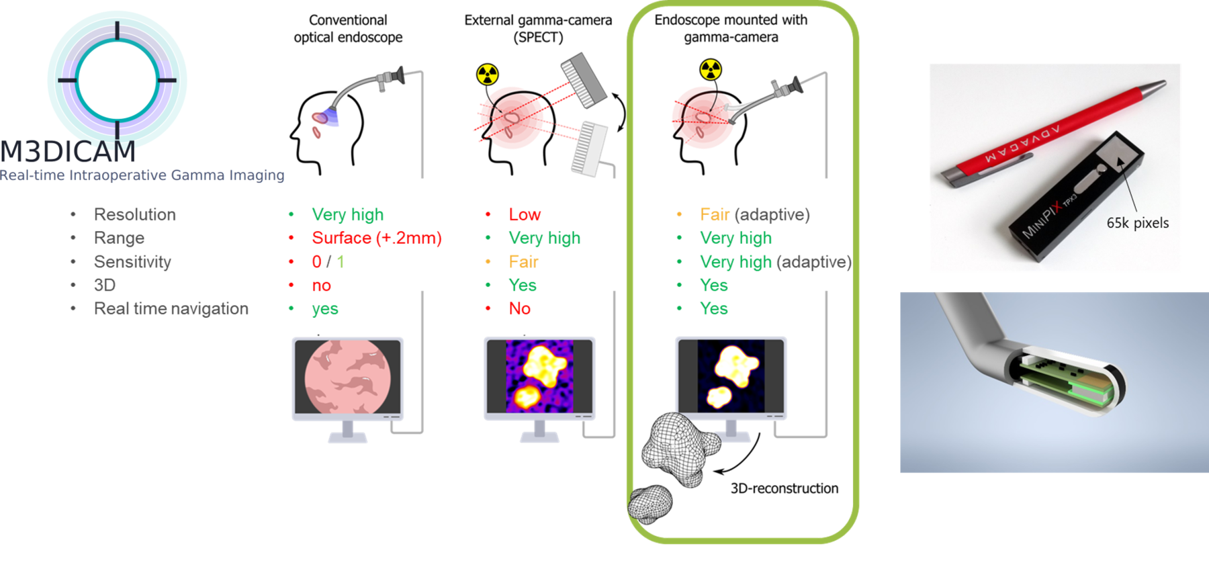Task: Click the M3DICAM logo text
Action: point(68,152)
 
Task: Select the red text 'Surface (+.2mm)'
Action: point(377,238)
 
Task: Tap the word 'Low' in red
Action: point(525,214)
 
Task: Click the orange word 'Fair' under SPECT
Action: point(523,262)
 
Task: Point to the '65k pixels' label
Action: point(1138,223)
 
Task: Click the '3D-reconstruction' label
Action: point(785,488)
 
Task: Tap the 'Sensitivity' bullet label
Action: point(132,262)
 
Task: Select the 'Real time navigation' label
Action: point(171,308)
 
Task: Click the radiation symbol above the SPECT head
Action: point(488,74)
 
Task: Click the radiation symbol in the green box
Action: point(711,69)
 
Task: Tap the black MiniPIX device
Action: point(1075,199)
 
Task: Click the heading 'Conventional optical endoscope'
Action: point(348,29)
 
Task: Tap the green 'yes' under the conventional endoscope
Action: point(325,309)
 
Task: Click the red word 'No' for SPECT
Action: point(520,308)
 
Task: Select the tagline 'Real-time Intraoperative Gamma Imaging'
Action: point(142,175)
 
